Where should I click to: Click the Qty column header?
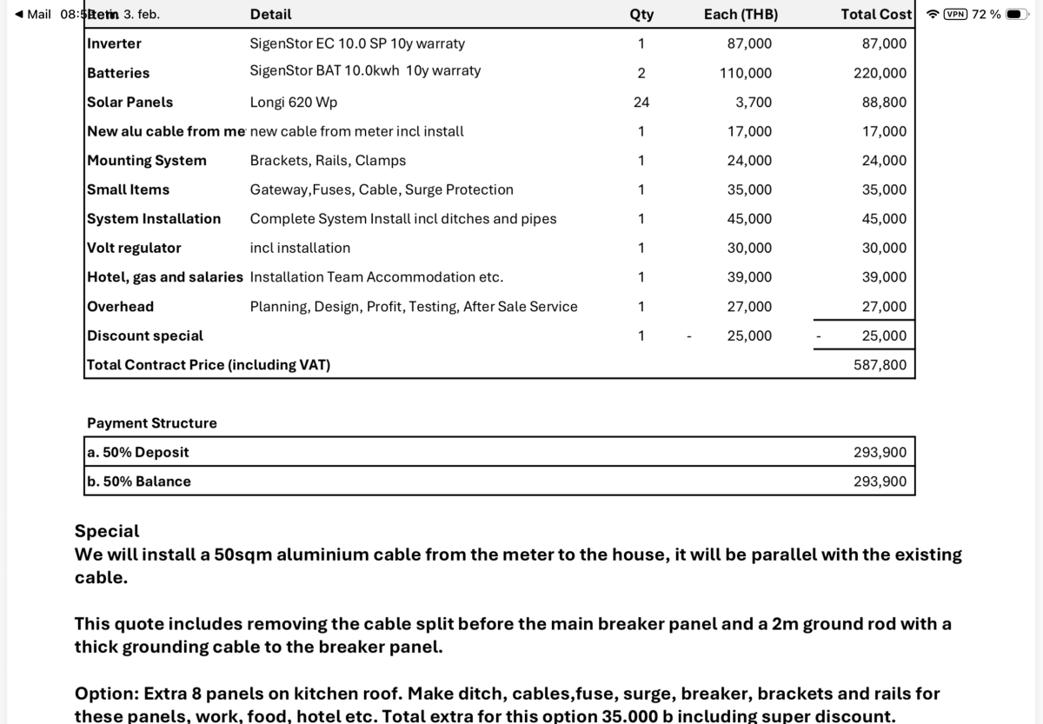click(641, 15)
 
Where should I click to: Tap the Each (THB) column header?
click(741, 15)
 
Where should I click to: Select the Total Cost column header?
click(876, 15)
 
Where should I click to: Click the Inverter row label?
click(114, 43)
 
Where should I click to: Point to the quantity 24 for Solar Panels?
click(641, 103)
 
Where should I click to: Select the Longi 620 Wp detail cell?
click(294, 103)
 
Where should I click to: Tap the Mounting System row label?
click(147, 161)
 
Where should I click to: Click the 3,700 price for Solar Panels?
click(754, 103)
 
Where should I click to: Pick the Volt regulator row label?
click(134, 248)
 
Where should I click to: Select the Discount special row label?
click(145, 335)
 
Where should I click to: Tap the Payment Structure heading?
click(152, 423)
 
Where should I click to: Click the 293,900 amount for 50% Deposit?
click(880, 452)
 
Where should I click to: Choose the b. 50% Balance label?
click(139, 482)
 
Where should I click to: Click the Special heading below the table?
click(107, 531)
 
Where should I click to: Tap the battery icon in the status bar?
click(1018, 14)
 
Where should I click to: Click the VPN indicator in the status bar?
click(955, 14)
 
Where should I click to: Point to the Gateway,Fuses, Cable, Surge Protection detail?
click(382, 189)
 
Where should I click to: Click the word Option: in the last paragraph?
click(106, 694)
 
